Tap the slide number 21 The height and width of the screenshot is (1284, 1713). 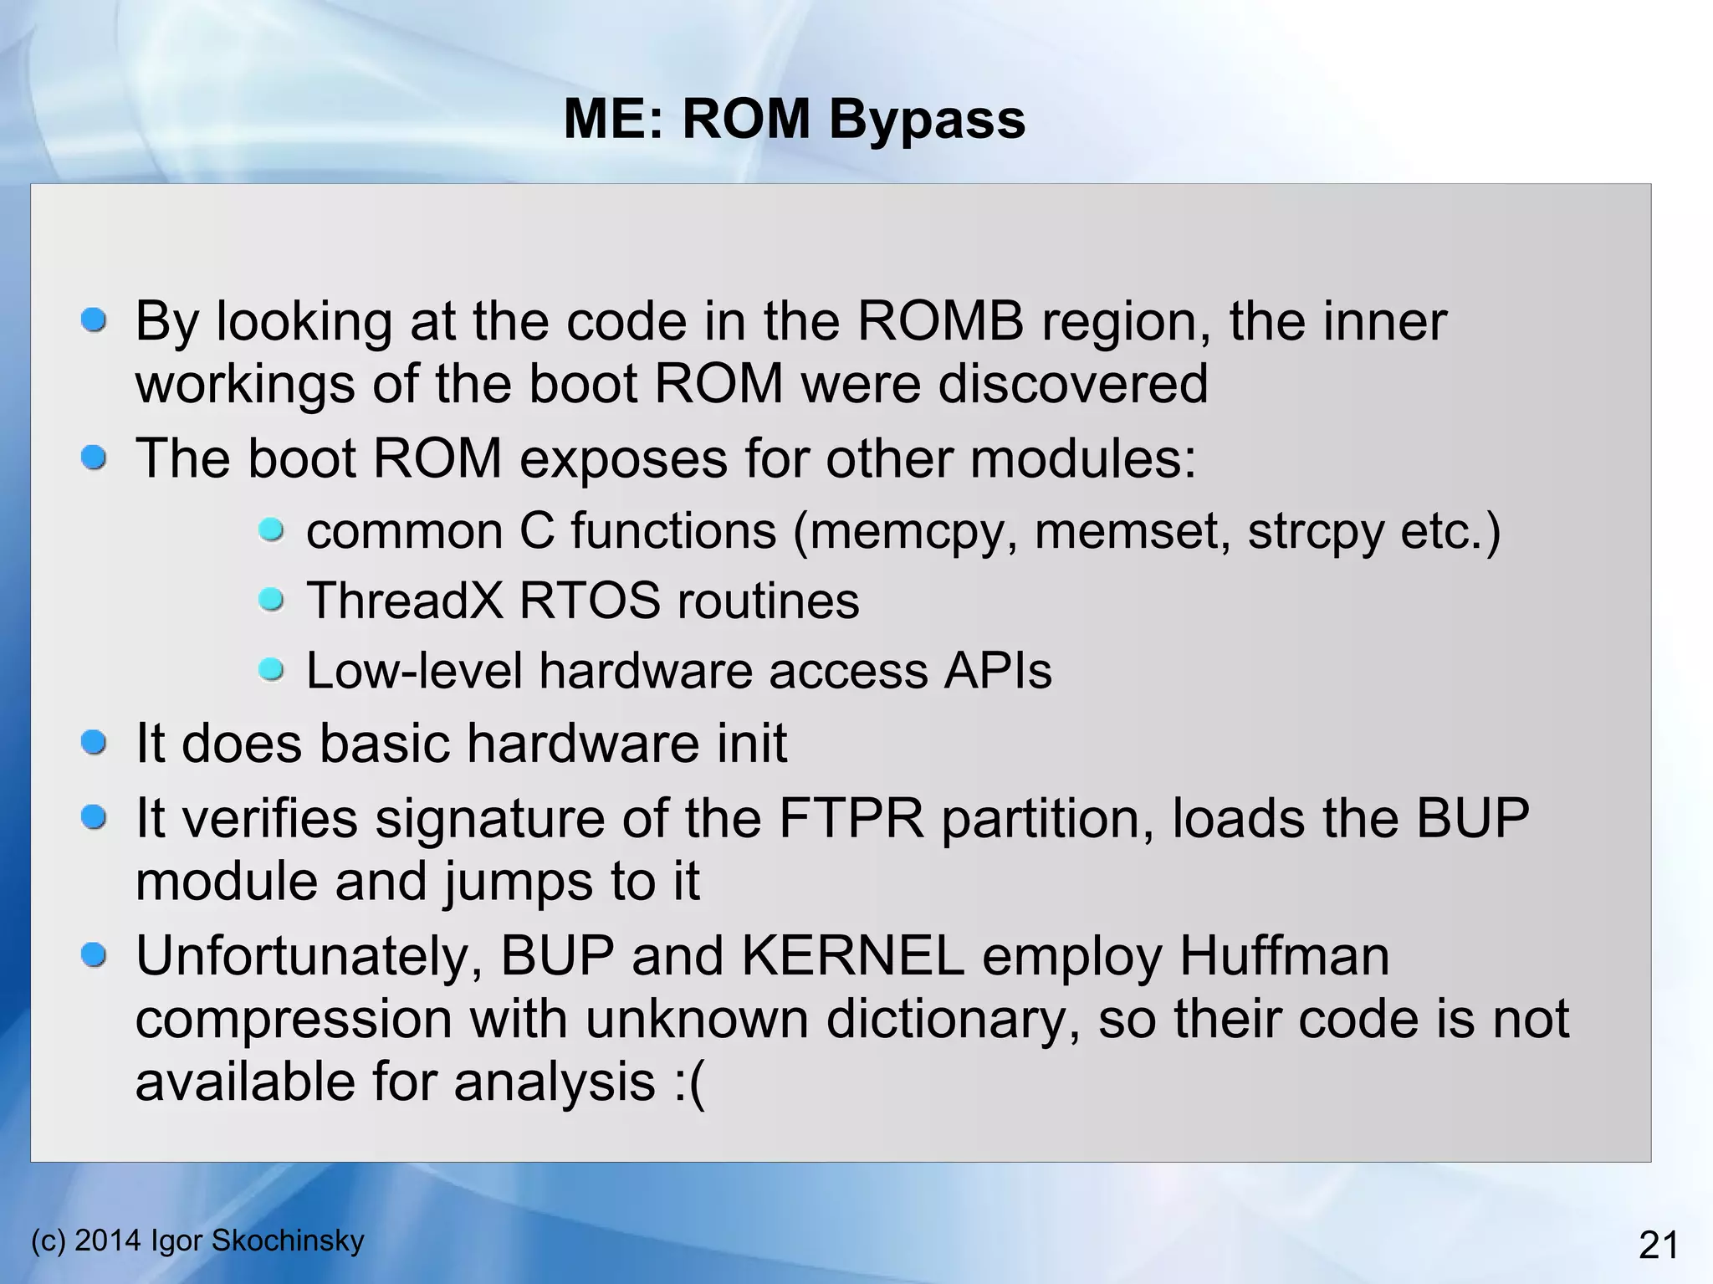pos(1658,1246)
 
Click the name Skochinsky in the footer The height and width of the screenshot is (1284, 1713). pos(288,1240)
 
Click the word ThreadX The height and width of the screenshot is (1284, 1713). pos(405,601)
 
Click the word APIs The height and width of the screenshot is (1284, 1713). pos(997,671)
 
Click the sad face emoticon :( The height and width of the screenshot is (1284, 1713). pos(688,1082)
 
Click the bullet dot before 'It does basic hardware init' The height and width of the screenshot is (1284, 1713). pos(94,742)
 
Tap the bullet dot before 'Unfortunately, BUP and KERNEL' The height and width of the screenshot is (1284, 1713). pos(94,955)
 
